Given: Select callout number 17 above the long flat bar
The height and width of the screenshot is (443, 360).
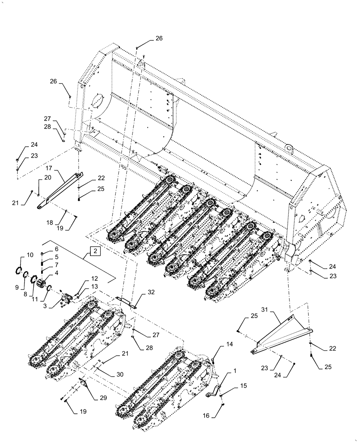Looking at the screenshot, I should pos(49,168).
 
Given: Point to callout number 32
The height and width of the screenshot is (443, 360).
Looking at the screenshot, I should pos(151,292).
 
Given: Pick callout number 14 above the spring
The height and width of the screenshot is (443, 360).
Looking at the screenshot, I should pos(217,344).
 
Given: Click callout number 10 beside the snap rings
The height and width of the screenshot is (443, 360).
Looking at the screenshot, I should pos(30,255).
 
